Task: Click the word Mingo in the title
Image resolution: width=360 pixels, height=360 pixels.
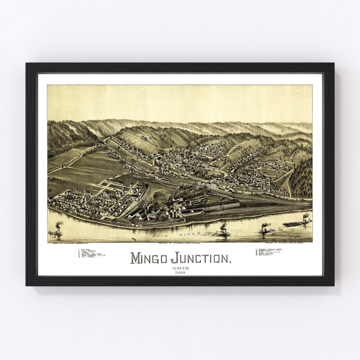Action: pos(149,258)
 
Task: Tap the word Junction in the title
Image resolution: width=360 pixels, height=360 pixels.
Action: pos(200,258)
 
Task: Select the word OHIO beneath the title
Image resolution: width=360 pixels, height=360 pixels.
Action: pos(181,268)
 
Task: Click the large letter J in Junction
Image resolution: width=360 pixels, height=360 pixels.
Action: pos(174,258)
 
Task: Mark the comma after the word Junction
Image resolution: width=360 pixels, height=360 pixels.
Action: pos(230,262)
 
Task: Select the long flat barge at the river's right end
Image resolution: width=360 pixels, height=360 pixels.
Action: pos(297,223)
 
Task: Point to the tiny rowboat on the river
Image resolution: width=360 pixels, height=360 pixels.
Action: pos(134,239)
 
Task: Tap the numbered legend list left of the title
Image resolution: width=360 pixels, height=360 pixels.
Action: pos(92,253)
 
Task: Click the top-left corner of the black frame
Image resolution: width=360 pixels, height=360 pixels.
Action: pos(27,64)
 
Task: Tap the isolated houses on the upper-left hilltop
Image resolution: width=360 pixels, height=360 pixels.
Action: pos(144,137)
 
